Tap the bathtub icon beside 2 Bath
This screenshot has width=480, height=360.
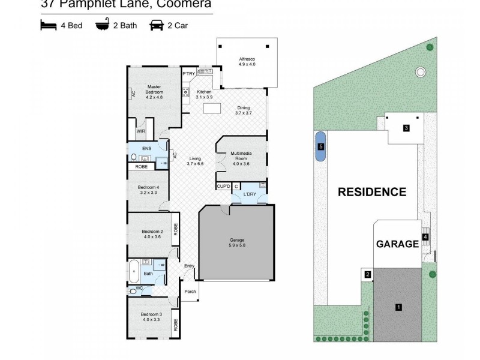[103, 26]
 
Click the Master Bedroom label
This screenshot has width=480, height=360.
[146, 90]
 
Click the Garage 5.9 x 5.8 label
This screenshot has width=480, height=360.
[236, 242]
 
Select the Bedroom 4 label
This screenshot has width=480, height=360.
[148, 191]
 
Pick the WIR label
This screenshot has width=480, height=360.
[140, 131]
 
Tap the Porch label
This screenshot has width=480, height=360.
[189, 292]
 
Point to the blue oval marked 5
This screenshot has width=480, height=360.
[321, 146]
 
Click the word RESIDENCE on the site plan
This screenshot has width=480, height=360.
[372, 193]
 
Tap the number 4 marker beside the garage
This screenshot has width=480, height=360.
[425, 237]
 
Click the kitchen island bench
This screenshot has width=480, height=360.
[212, 109]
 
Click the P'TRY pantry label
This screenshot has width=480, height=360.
[189, 74]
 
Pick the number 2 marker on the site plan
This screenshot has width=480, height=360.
[368, 275]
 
